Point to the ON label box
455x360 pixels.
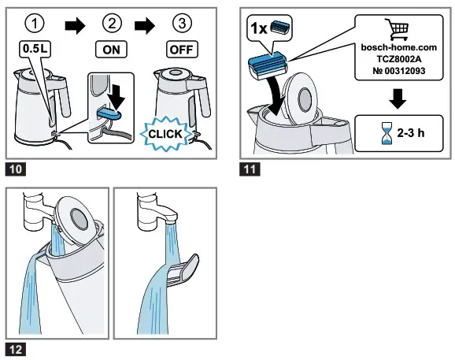[111, 48]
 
